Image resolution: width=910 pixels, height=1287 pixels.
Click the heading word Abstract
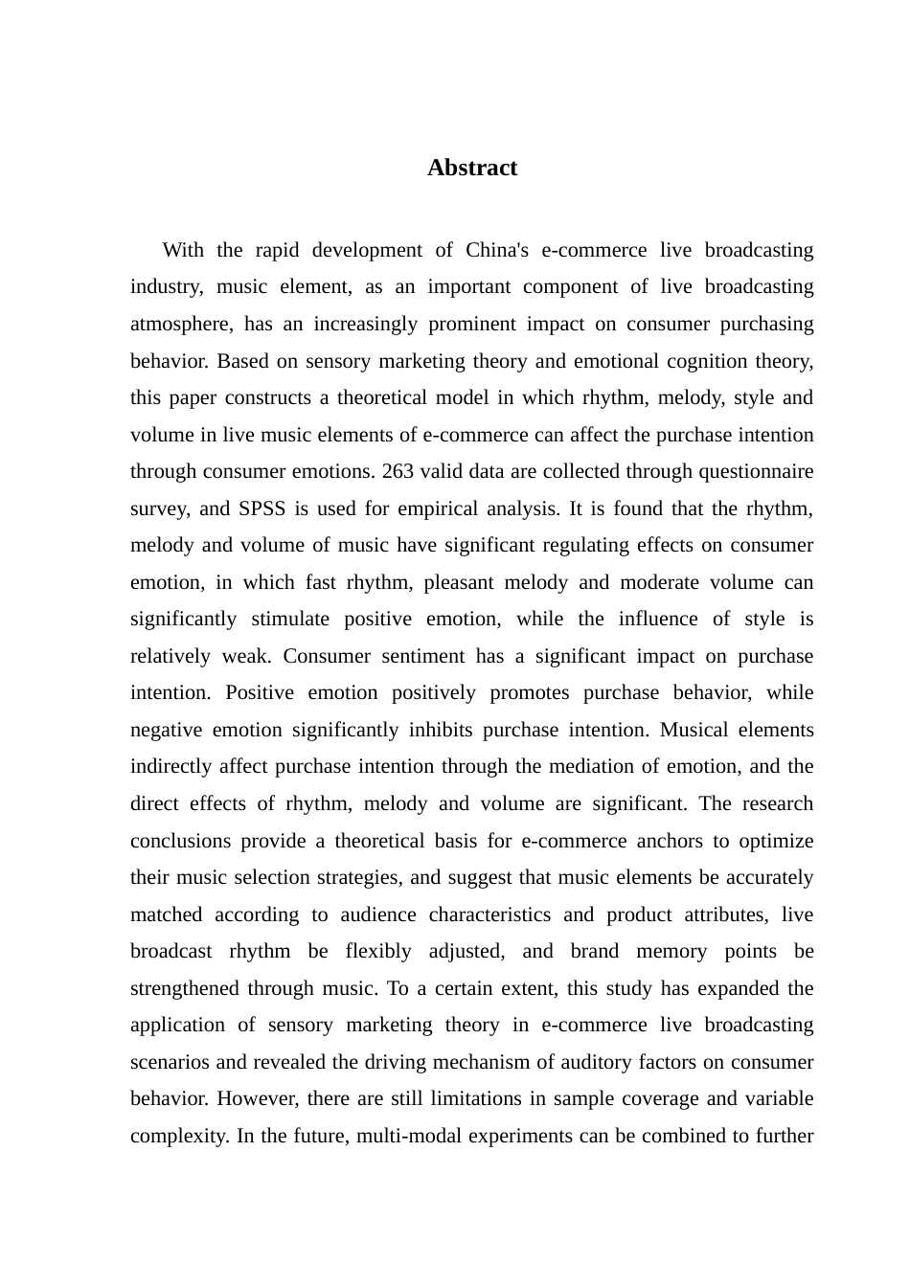472,168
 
